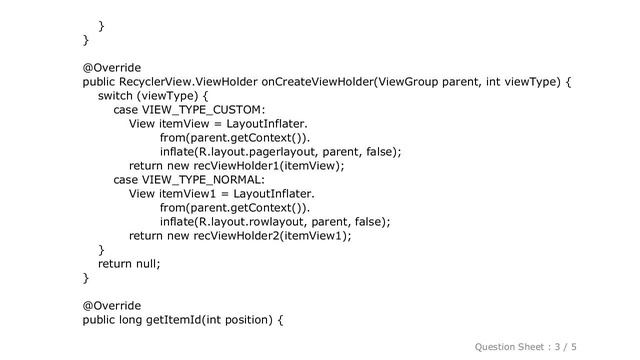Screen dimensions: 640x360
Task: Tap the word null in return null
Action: click(145, 263)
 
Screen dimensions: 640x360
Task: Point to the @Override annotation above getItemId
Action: click(111, 305)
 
